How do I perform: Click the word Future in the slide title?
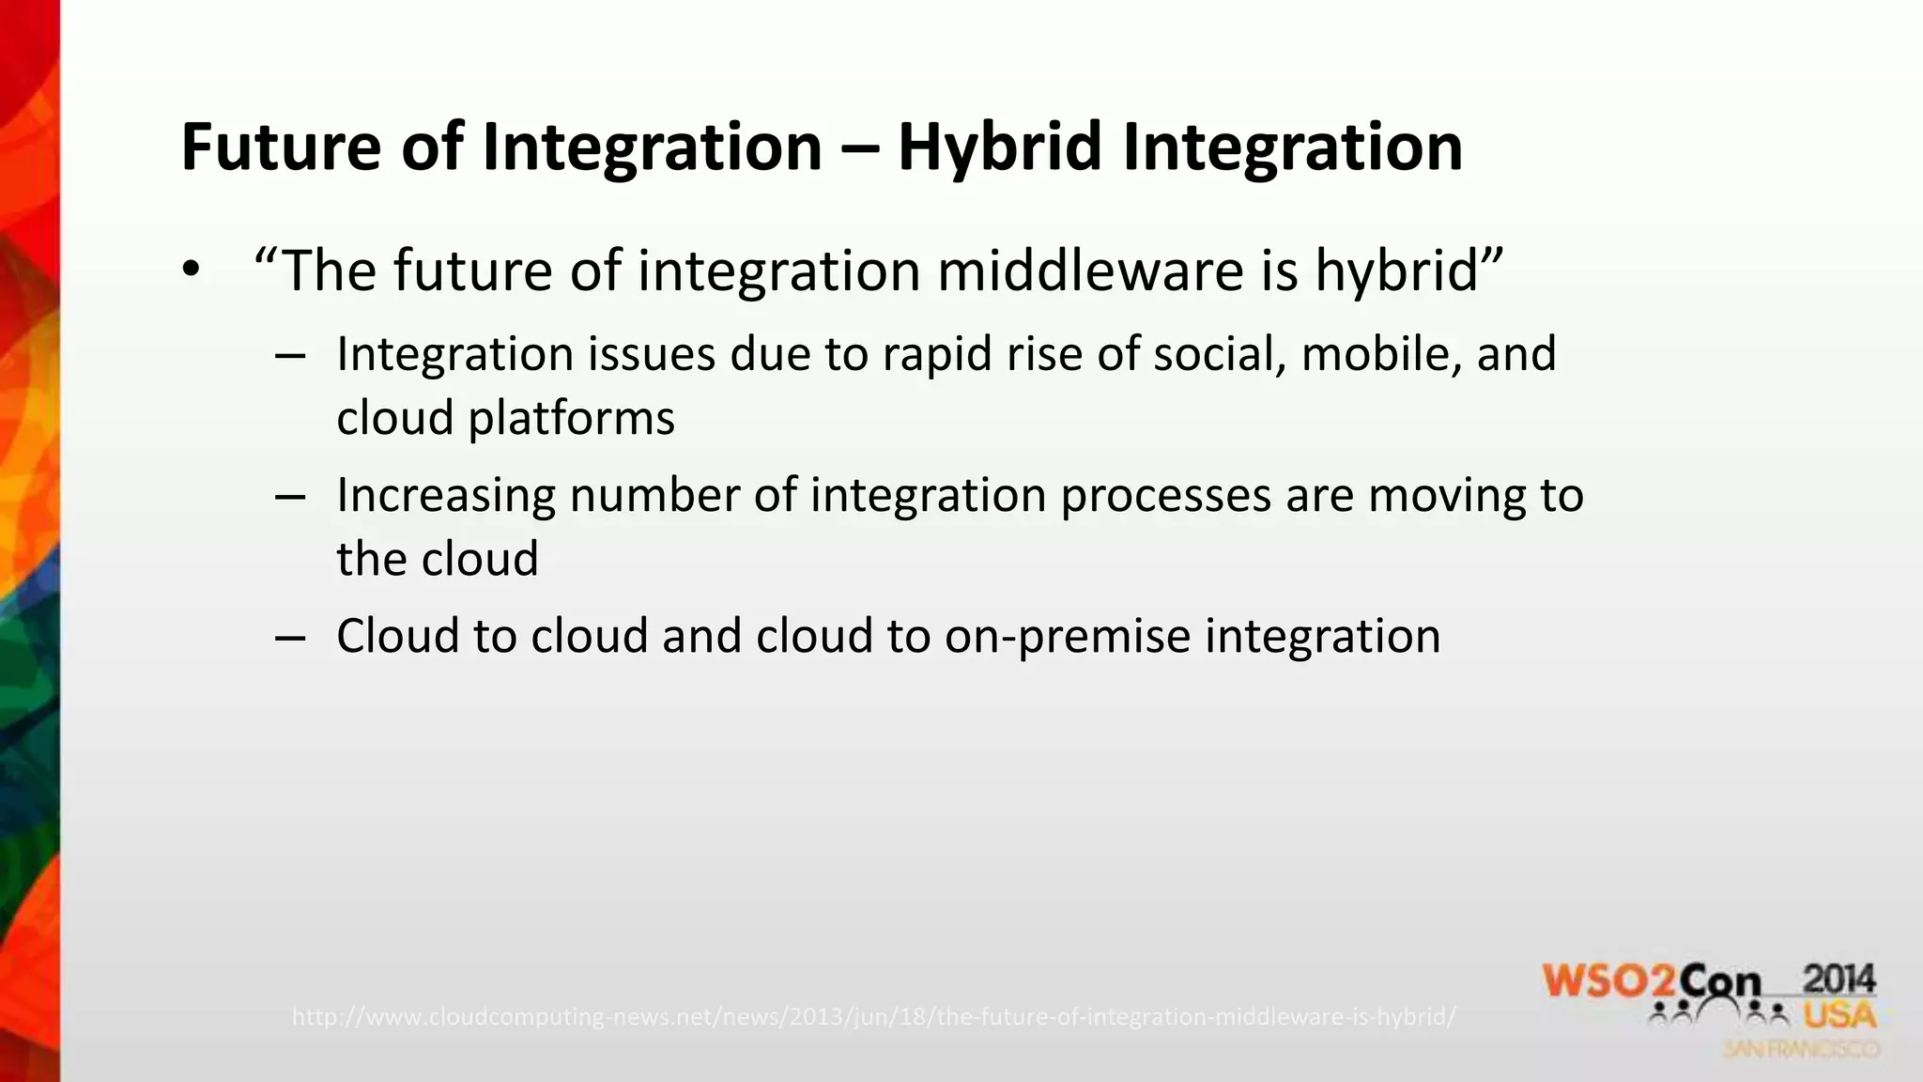(x=281, y=147)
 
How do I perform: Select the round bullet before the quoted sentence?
(x=192, y=270)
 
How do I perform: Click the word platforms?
(x=571, y=418)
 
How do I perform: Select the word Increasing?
(x=445, y=495)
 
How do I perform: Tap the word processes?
(x=1165, y=495)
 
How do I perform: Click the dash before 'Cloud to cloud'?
(x=290, y=638)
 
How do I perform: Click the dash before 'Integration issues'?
(x=290, y=356)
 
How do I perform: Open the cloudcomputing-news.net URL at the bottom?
(x=873, y=1016)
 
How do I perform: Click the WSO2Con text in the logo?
(x=1652, y=982)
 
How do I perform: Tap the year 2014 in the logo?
(x=1838, y=980)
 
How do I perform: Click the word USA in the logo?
(x=1838, y=1015)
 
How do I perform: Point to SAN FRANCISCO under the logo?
(x=1801, y=1049)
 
